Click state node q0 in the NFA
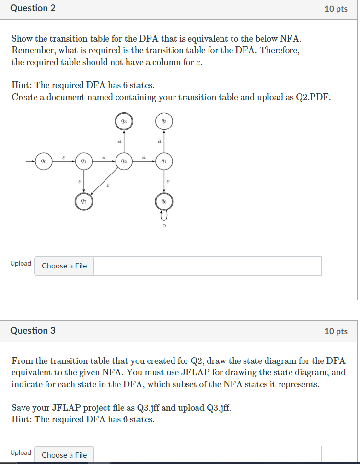tap(44, 162)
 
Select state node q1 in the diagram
tap(83, 162)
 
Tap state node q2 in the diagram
tap(124, 162)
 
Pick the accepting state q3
tap(124, 122)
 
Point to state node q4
tap(164, 162)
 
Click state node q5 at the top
tap(164, 122)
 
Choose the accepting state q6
tap(164, 201)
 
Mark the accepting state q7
tap(83, 201)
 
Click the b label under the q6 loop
tap(164, 225)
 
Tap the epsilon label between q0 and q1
tap(64, 157)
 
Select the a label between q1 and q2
tap(104, 157)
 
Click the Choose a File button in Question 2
tap(64, 266)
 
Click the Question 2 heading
tap(33, 8)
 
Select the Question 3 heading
tap(33, 331)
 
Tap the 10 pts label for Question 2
tap(336, 9)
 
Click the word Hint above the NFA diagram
tap(22, 85)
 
